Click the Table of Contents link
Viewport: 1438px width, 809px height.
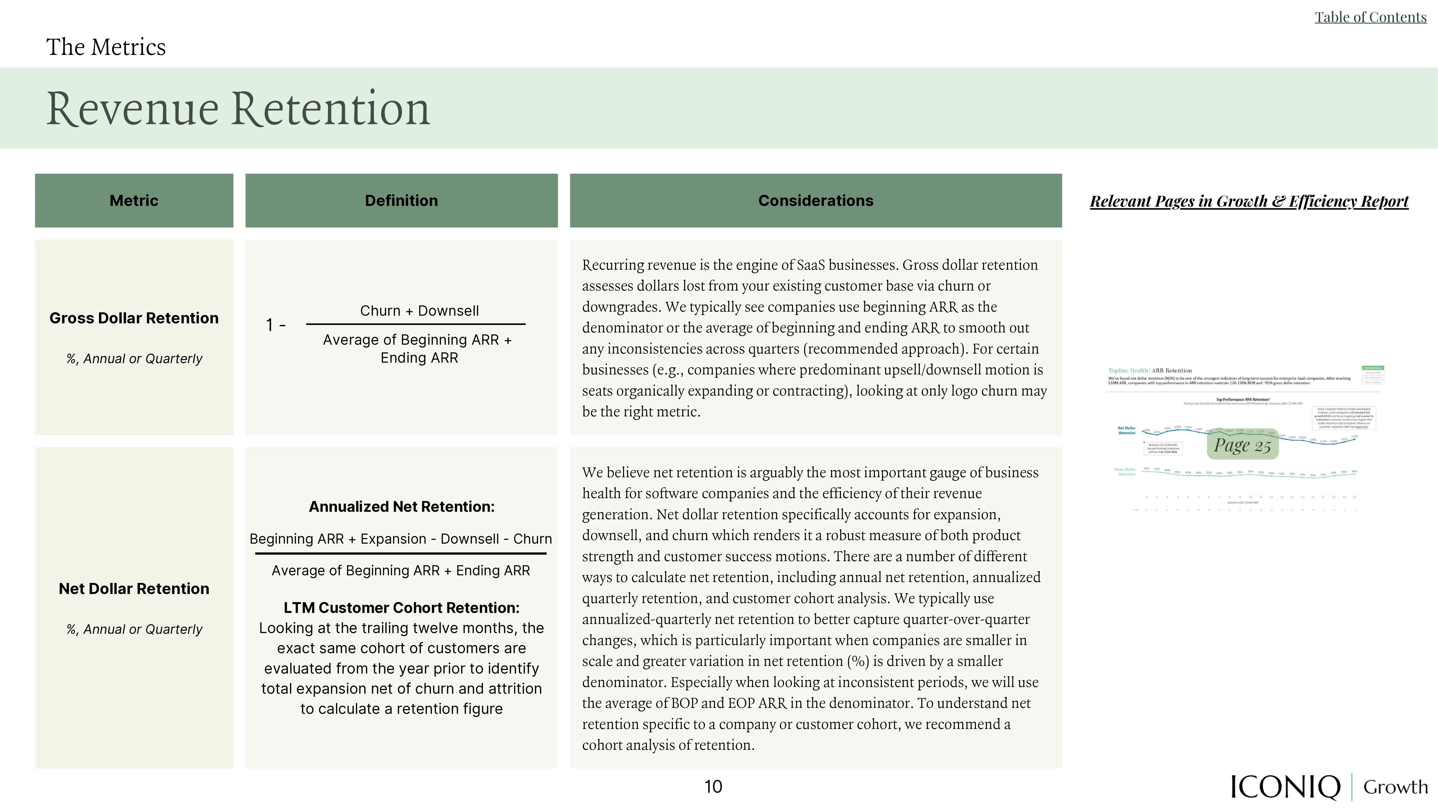tap(1370, 17)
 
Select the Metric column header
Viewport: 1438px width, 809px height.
tap(134, 200)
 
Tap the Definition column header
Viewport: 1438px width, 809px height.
tap(401, 200)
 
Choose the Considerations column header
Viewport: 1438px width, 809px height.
tap(816, 200)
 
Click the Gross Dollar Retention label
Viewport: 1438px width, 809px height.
tap(134, 318)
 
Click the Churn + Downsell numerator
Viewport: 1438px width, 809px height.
tap(419, 311)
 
